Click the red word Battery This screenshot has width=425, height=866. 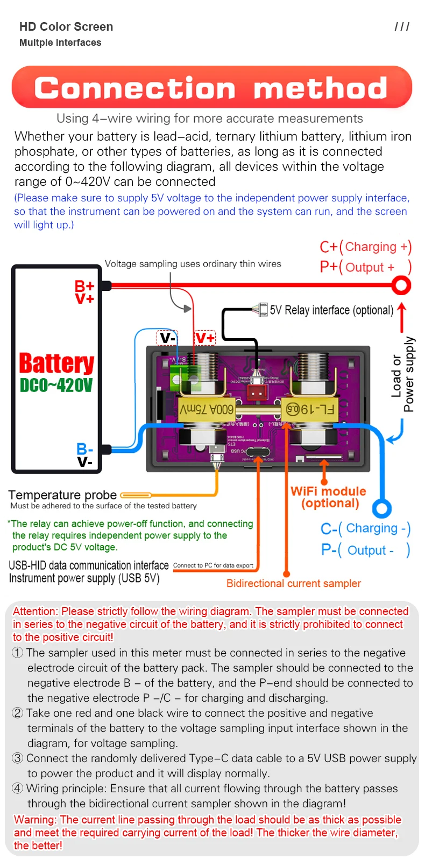tap(56, 364)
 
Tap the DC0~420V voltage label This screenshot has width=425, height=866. tap(56, 386)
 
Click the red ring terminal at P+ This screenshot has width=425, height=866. tap(401, 285)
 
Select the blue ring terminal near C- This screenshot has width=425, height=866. tap(381, 508)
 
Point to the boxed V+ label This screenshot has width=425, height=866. tap(205, 338)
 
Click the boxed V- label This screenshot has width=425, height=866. tap(167, 338)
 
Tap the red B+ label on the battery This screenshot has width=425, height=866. tap(84, 286)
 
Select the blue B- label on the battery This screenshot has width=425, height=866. tap(84, 449)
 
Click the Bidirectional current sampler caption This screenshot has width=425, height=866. tap(293, 583)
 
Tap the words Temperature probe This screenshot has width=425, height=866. tap(62, 495)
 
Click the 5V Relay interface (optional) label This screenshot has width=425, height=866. tap(331, 310)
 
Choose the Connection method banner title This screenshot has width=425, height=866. tap(211, 88)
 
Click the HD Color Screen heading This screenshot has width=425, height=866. tap(66, 27)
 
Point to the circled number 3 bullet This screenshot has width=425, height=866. tap(18, 758)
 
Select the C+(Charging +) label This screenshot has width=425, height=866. tap(365, 247)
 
